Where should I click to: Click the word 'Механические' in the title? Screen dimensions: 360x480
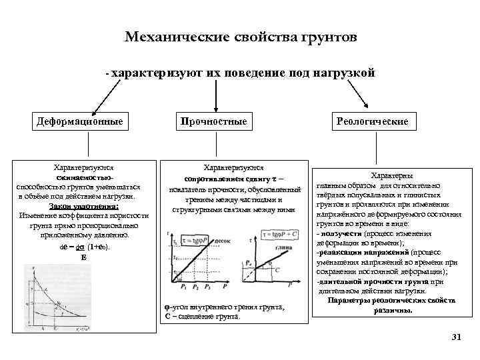(165, 37)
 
